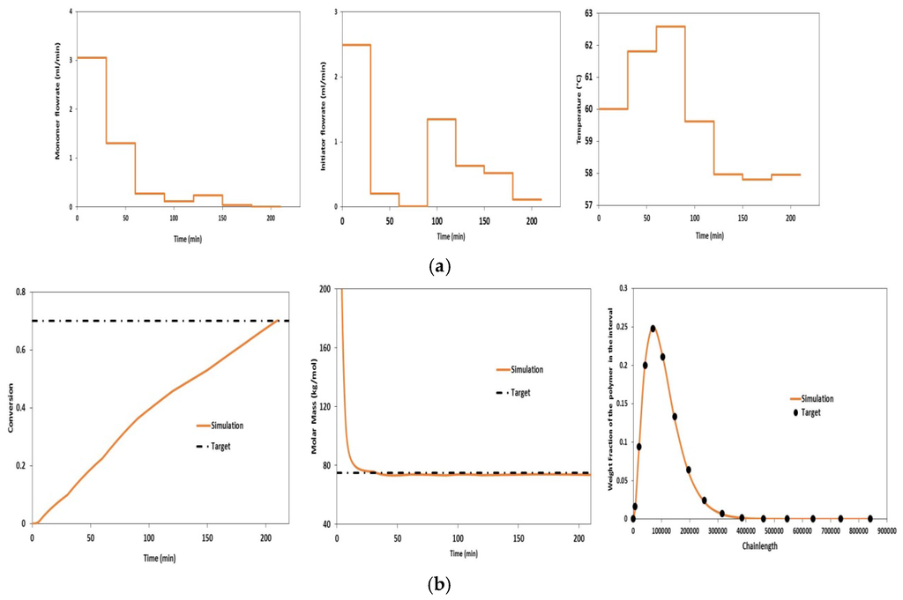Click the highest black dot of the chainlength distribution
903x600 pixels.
pyautogui.click(x=653, y=329)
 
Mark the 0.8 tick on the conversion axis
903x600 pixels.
pyautogui.click(x=20, y=292)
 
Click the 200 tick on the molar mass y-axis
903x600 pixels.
pyautogui.click(x=325, y=289)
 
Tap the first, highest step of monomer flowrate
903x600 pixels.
pyautogui.click(x=92, y=57)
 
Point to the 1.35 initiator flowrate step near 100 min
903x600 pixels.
pyautogui.click(x=441, y=119)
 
